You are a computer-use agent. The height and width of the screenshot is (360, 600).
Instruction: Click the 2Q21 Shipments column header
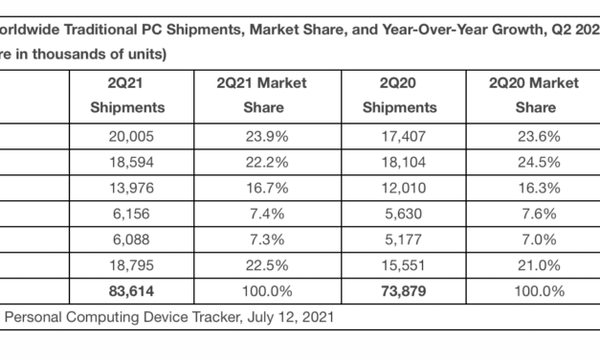(x=127, y=96)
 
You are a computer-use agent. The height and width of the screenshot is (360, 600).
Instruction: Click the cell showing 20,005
(x=127, y=137)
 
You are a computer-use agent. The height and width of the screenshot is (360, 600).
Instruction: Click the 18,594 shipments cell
(x=127, y=162)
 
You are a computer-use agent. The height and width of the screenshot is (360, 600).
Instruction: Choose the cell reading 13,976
(x=127, y=187)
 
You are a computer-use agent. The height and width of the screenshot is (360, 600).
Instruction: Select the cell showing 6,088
(x=127, y=236)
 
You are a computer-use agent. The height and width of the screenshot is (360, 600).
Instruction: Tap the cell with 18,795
(x=127, y=261)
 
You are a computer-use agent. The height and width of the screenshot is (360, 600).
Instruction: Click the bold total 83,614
(x=127, y=287)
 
